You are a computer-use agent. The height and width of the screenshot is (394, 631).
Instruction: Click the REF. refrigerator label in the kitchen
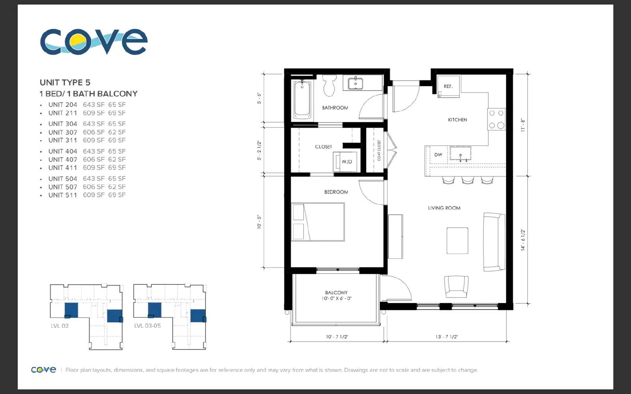(448, 86)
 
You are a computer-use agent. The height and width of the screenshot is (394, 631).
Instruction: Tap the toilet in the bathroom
(330, 85)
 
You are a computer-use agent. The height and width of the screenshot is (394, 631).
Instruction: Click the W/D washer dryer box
(345, 162)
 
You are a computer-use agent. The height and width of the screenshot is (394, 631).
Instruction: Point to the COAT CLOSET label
(379, 151)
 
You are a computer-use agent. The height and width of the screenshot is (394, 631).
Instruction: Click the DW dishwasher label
(438, 154)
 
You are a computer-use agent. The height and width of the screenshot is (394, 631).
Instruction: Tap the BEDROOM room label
(336, 192)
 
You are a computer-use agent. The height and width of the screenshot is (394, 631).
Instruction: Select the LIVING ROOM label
(444, 208)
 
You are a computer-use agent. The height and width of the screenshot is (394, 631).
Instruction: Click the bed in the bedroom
(318, 222)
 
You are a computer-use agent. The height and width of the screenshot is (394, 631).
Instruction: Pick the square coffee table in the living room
(457, 241)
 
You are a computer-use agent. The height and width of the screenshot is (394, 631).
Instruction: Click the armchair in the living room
(456, 286)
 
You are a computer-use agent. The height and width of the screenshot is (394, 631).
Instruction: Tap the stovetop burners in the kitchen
(497, 119)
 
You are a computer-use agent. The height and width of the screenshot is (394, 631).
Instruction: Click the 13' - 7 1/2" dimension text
(446, 336)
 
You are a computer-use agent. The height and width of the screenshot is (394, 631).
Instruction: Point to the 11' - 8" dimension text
(523, 125)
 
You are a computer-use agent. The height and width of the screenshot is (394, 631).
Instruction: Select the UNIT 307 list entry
(87, 132)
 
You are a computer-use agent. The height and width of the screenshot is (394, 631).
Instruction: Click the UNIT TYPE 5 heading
(65, 82)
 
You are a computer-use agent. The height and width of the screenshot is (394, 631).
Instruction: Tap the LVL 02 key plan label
(60, 326)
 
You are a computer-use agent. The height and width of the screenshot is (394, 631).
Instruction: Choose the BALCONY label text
(336, 293)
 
